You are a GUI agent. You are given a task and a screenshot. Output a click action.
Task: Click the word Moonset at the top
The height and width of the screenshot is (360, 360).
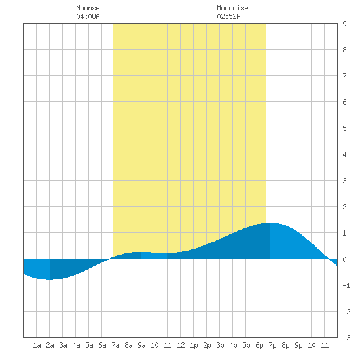pos(90,8)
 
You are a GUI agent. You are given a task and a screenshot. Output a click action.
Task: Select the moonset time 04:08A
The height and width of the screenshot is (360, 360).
pos(88,16)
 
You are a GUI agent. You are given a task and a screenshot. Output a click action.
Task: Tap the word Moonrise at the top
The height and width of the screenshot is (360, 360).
pos(232,8)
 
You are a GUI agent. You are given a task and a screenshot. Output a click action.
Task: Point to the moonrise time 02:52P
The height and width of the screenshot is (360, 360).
pos(228,16)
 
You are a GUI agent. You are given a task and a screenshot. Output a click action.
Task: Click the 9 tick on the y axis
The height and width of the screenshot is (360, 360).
pos(344,24)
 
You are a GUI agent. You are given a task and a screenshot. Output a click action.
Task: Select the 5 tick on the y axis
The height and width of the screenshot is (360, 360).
pos(344,128)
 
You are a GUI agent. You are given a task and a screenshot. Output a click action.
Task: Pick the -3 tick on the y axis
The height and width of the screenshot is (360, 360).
pos(346,338)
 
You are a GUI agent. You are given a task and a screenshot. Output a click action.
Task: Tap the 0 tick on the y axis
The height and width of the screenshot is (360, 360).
pos(344,259)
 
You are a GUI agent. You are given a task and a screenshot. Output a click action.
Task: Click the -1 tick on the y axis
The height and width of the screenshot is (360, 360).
pos(346,285)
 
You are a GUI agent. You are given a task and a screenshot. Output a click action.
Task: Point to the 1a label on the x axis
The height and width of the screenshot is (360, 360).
pos(37,345)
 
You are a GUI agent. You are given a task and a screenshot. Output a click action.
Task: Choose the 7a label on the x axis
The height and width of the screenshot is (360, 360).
pos(115,345)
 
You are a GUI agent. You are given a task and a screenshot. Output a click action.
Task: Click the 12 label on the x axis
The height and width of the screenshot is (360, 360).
pos(181,345)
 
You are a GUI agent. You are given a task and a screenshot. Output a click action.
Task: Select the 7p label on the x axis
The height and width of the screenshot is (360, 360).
pos(272,345)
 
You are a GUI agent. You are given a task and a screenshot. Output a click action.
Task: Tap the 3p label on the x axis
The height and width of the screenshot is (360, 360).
pos(220,345)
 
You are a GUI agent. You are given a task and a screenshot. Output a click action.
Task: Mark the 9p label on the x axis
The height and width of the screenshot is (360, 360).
pos(298,345)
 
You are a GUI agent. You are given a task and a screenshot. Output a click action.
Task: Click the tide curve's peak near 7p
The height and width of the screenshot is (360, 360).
pos(270,223)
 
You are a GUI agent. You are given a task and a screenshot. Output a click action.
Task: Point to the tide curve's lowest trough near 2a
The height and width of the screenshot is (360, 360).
pos(49,279)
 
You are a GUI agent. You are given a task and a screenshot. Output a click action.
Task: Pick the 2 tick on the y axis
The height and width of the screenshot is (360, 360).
pos(344,207)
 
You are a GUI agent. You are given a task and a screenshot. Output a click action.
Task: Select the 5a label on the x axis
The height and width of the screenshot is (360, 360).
pos(89,345)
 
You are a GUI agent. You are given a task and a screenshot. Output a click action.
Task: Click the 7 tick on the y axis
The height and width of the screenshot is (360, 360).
pos(344,76)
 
